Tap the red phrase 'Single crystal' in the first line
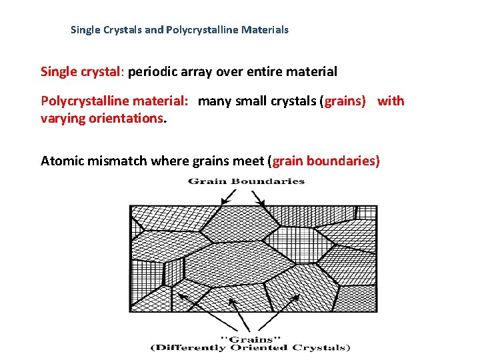pos(82,71)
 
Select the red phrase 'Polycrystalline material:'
pos(114,101)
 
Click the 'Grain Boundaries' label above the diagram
pos(246,181)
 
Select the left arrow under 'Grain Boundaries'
pos(227,197)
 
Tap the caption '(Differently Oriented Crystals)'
pos(250,347)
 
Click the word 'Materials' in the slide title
pos(266,30)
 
